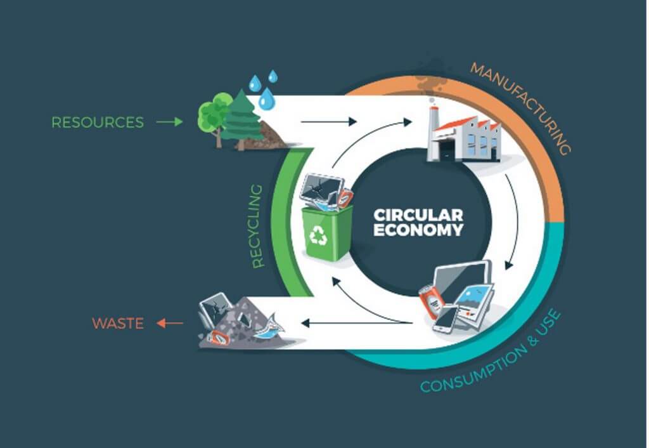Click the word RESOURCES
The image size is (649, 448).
(98, 122)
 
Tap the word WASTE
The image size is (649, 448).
(118, 323)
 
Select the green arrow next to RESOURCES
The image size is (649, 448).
(169, 122)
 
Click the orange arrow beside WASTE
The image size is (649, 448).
(169, 324)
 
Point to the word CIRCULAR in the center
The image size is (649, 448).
(418, 214)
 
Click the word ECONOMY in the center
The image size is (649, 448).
(418, 230)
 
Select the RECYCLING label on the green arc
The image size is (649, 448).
(257, 226)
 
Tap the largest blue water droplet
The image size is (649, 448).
(267, 98)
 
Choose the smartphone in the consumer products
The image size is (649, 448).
(446, 317)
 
